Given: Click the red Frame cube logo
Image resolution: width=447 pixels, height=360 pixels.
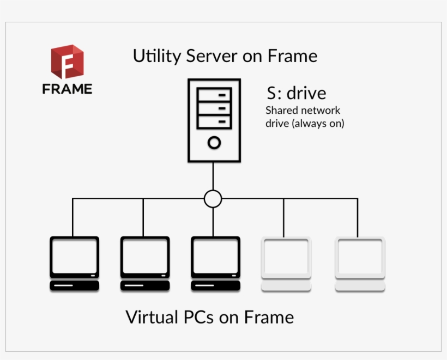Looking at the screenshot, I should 67,62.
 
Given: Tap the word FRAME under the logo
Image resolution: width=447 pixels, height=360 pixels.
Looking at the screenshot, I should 67,89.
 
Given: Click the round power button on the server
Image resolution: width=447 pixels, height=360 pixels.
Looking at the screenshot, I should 214,143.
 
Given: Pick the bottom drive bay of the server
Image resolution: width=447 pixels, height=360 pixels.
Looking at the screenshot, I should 214,121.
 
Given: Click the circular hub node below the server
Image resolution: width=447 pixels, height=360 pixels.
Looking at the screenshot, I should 213,199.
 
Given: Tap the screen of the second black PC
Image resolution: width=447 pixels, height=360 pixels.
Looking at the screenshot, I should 144,256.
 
